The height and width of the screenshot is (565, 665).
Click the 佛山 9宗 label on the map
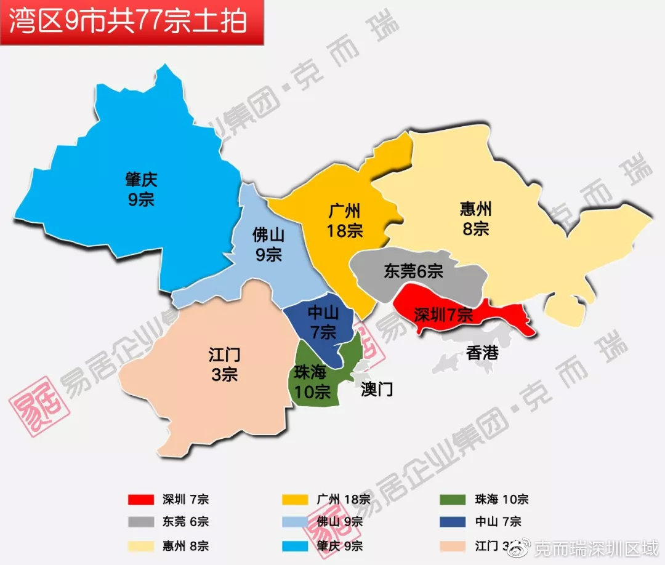(268, 244)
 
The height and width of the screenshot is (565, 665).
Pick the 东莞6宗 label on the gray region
(413, 271)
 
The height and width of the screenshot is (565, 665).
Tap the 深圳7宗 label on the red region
(443, 316)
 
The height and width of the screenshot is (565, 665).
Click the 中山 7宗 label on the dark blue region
(323, 323)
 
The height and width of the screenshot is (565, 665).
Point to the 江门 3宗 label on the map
(224, 364)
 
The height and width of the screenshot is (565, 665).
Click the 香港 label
(482, 353)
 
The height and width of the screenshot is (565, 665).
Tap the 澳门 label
(377, 389)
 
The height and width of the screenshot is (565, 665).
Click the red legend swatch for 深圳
(141, 499)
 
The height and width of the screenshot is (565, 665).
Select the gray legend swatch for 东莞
(141, 522)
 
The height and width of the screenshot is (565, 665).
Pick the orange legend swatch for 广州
(295, 499)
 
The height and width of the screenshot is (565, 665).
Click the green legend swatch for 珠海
(453, 499)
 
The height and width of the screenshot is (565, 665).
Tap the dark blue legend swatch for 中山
(453, 522)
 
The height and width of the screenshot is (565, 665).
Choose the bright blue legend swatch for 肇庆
(295, 545)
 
